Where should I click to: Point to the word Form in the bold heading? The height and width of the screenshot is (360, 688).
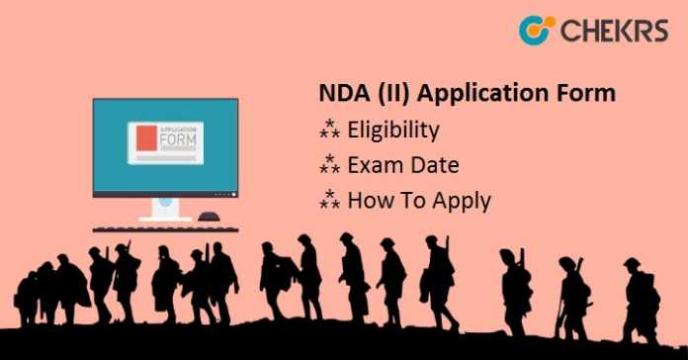588,94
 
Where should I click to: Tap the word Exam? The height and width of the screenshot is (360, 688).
375,165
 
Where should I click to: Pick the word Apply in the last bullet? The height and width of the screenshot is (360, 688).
462,202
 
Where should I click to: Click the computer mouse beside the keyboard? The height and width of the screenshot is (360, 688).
209,217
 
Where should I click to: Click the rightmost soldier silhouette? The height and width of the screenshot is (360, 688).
639,297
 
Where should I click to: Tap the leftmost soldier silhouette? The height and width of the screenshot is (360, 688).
29,297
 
